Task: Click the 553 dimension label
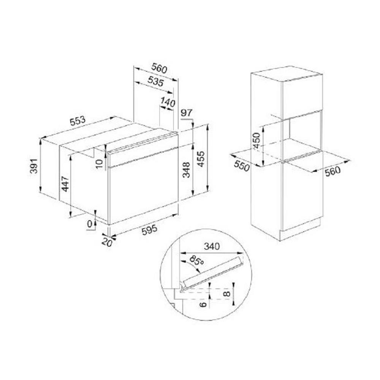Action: (78, 121)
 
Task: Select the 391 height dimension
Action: (34, 166)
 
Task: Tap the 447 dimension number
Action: (65, 184)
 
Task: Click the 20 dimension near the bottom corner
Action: (107, 242)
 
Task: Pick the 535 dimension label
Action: (156, 81)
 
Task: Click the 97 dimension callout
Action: (186, 113)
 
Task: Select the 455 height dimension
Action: (201, 159)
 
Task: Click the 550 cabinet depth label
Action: (242, 166)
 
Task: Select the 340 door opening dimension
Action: (212, 246)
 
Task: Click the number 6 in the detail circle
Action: (204, 304)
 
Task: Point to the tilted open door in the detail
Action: (213, 272)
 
